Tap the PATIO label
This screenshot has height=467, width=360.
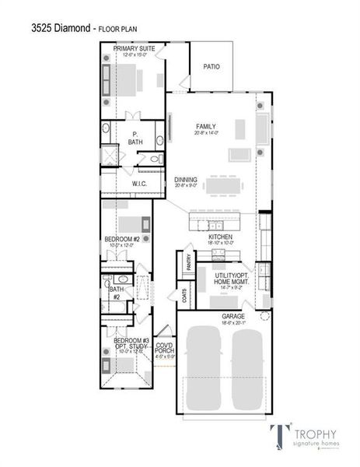tap(211, 67)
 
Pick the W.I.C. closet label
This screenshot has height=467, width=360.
tap(140, 184)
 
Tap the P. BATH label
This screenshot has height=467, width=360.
tap(135, 138)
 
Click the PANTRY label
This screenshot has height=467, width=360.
tap(188, 263)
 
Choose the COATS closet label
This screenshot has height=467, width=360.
tap(184, 297)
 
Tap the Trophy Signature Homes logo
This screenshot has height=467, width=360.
tap(299, 437)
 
